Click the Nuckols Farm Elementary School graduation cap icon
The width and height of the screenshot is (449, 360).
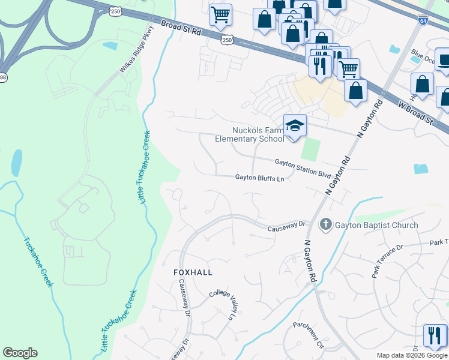pyautogui.click(x=295, y=126)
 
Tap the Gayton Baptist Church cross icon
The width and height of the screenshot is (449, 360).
pyautogui.click(x=325, y=225)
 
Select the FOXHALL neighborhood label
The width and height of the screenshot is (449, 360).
pyautogui.click(x=193, y=272)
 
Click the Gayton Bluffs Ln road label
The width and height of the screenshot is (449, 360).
pyautogui.click(x=259, y=178)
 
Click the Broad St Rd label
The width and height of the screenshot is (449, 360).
pyautogui.click(x=180, y=27)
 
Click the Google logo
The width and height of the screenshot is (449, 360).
pyautogui.click(x=20, y=353)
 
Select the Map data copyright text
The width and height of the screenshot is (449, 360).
pyautogui.click(x=412, y=355)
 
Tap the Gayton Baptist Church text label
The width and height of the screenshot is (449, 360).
pyautogui.click(x=377, y=225)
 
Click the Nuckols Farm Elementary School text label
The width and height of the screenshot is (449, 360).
pyautogui.click(x=250, y=134)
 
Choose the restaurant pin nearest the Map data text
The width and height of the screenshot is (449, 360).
pyautogui.click(x=434, y=335)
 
